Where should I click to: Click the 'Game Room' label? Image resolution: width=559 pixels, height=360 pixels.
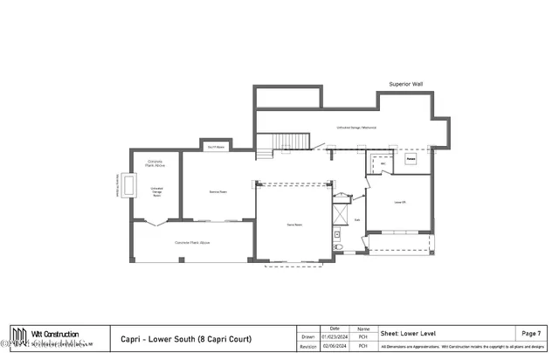pos(294,225)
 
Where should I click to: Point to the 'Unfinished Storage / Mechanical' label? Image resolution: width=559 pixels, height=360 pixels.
pos(355,128)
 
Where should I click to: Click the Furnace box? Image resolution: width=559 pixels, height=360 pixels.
pos(411,159)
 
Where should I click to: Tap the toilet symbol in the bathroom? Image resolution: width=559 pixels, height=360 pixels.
pos(340,247)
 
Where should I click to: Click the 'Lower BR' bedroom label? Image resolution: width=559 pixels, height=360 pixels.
pos(401,201)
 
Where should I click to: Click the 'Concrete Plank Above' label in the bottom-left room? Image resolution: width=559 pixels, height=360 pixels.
pos(193,242)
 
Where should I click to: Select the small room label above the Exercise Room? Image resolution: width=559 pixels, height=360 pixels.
pos(216,147)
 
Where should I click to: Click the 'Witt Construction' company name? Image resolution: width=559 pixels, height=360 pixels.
pos(56,334)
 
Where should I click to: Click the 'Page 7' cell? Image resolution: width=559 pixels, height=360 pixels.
pos(530,334)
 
